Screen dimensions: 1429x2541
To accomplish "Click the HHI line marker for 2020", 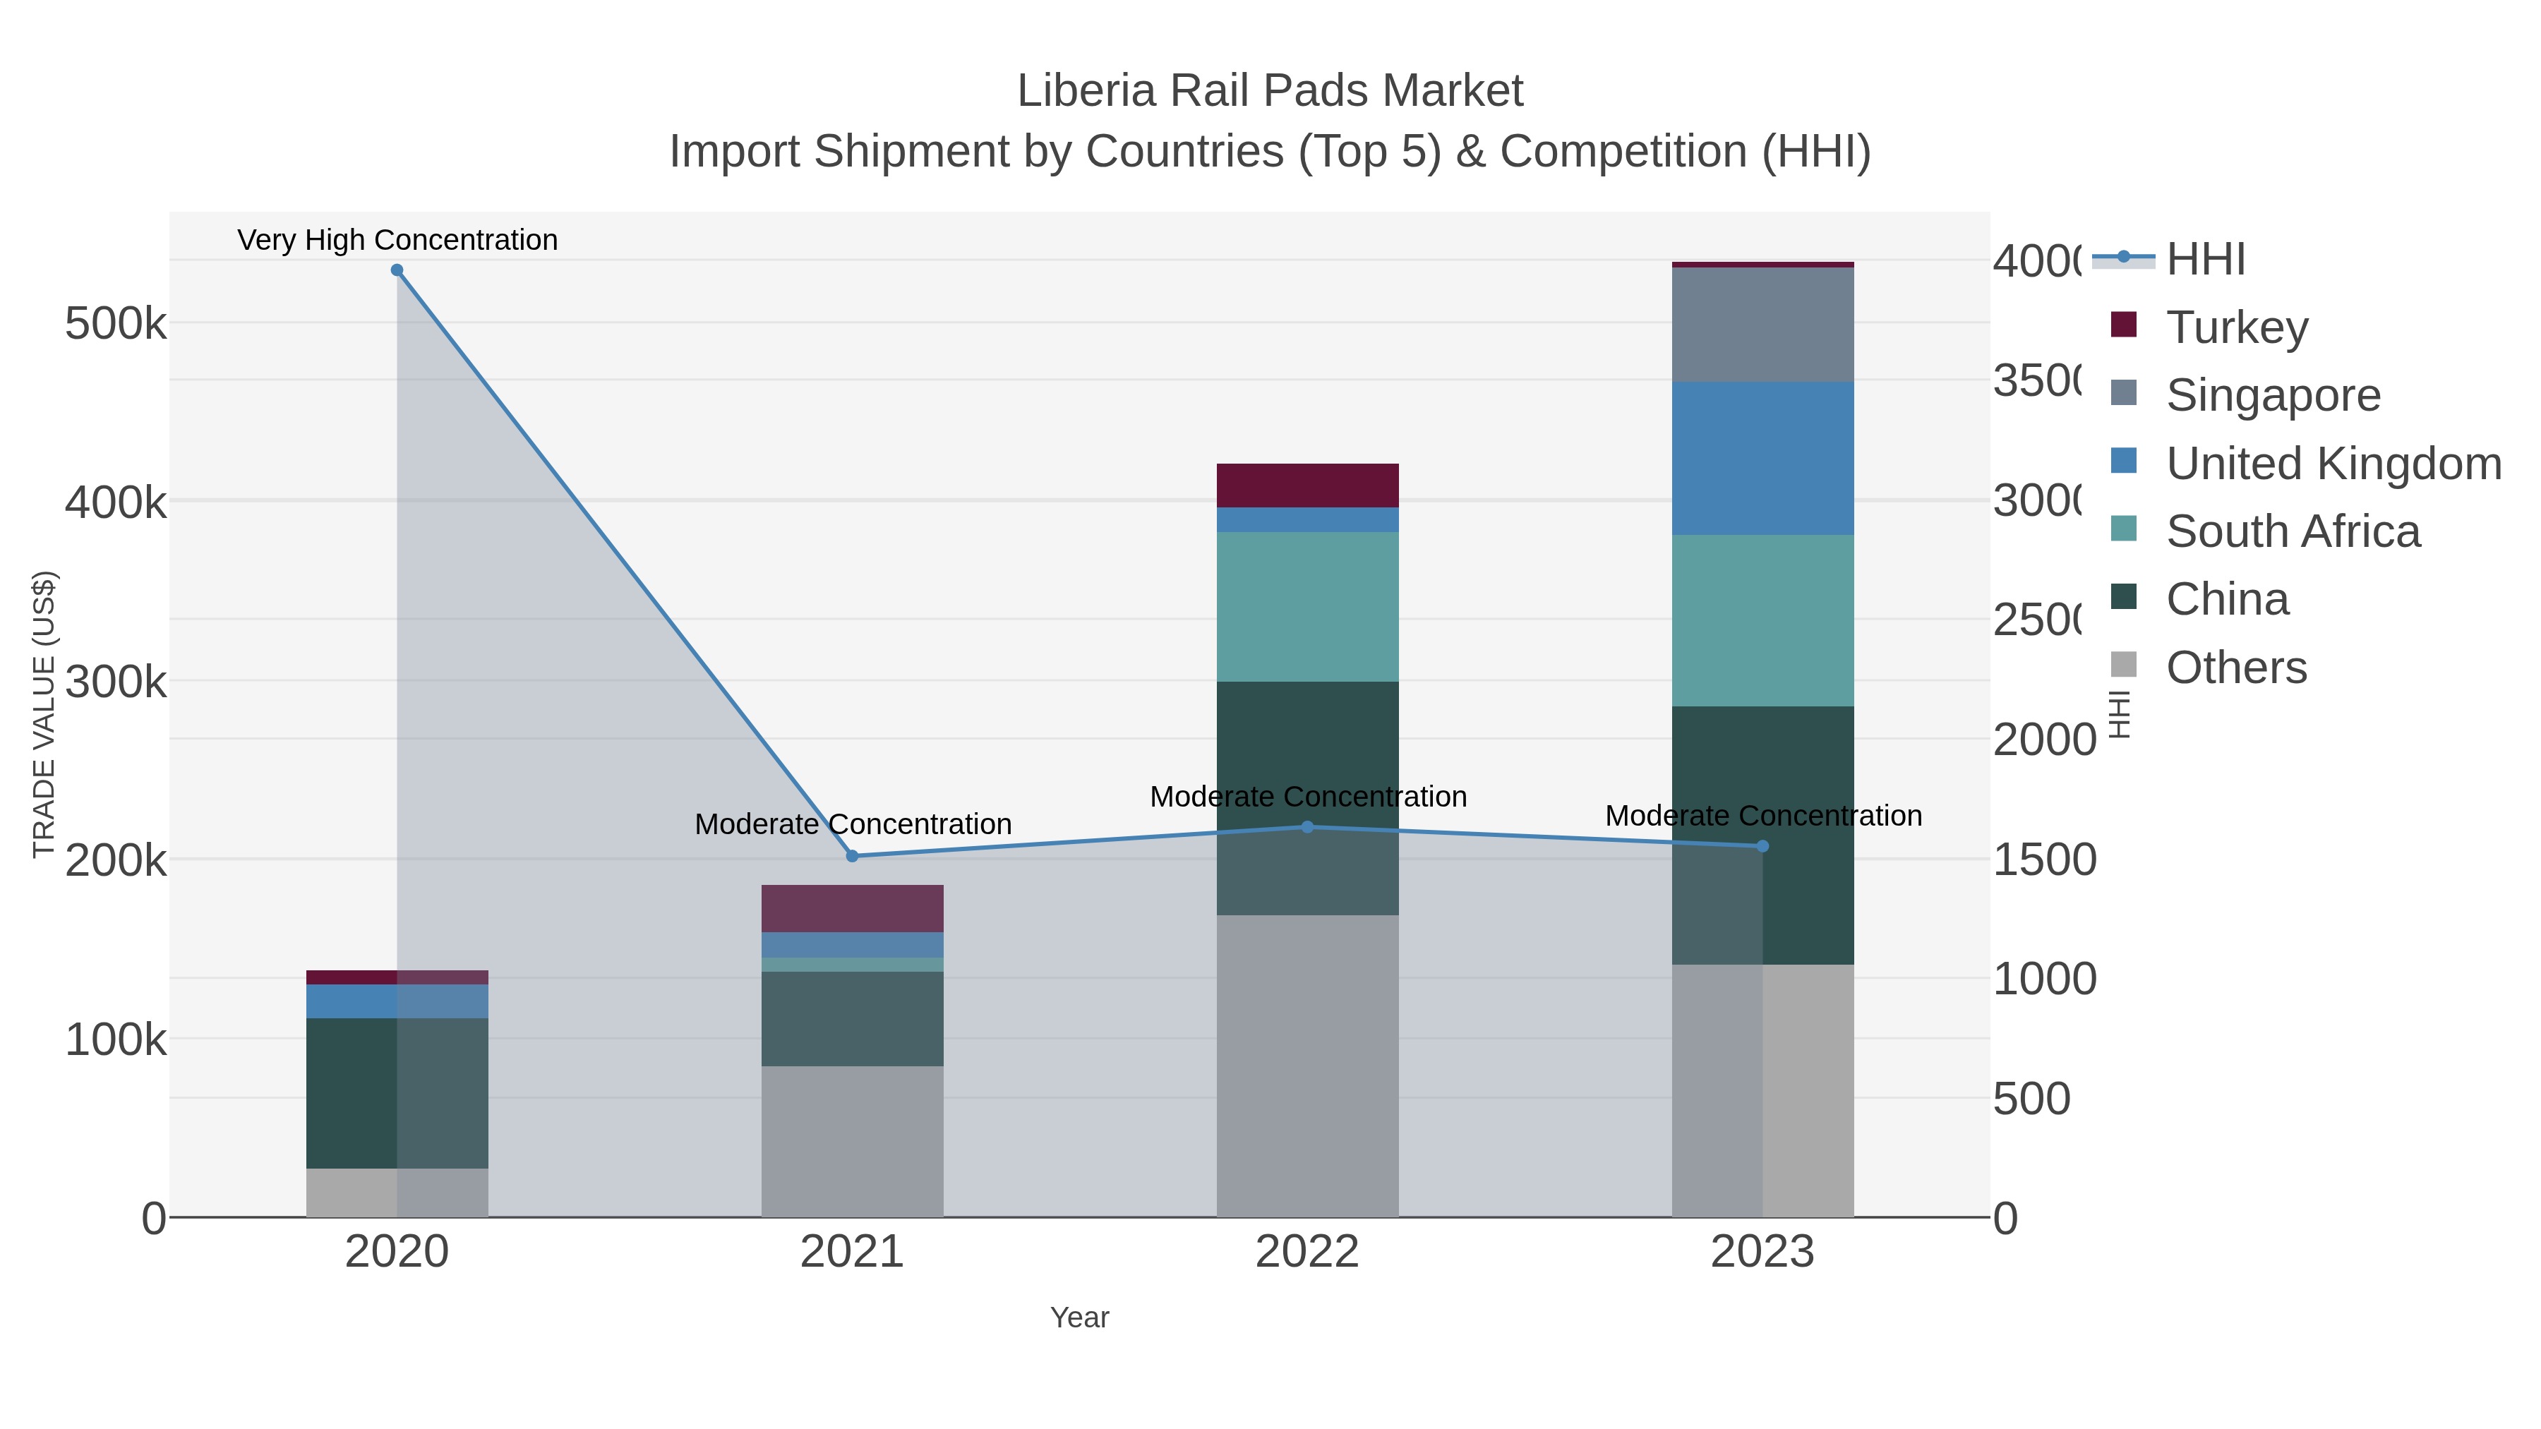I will pos(397,270).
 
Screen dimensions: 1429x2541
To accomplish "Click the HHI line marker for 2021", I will pos(852,856).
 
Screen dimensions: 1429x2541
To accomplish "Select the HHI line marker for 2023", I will pos(1762,846).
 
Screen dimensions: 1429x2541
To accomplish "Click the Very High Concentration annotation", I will pos(397,240).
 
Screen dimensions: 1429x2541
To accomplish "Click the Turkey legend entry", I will pos(2236,327).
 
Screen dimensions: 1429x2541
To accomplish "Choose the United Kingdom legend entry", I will pos(2333,464).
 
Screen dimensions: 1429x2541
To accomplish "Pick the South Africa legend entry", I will pos(2293,531).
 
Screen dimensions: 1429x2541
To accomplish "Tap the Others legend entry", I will pos(2236,668).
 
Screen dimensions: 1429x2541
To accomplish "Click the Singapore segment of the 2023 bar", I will pos(1762,325).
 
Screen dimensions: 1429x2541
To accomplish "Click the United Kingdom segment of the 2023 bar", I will pos(1762,459).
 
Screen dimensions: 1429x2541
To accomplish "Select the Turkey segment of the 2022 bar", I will pos(1308,486).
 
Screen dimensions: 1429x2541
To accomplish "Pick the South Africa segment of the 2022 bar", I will pos(1308,606).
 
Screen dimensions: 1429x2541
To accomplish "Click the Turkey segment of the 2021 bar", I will pos(852,908).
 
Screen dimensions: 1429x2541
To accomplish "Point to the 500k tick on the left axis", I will pos(116,323).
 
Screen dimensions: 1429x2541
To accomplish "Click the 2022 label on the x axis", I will pos(1308,1253).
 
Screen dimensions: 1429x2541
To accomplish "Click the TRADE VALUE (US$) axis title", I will pos(43,714).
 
